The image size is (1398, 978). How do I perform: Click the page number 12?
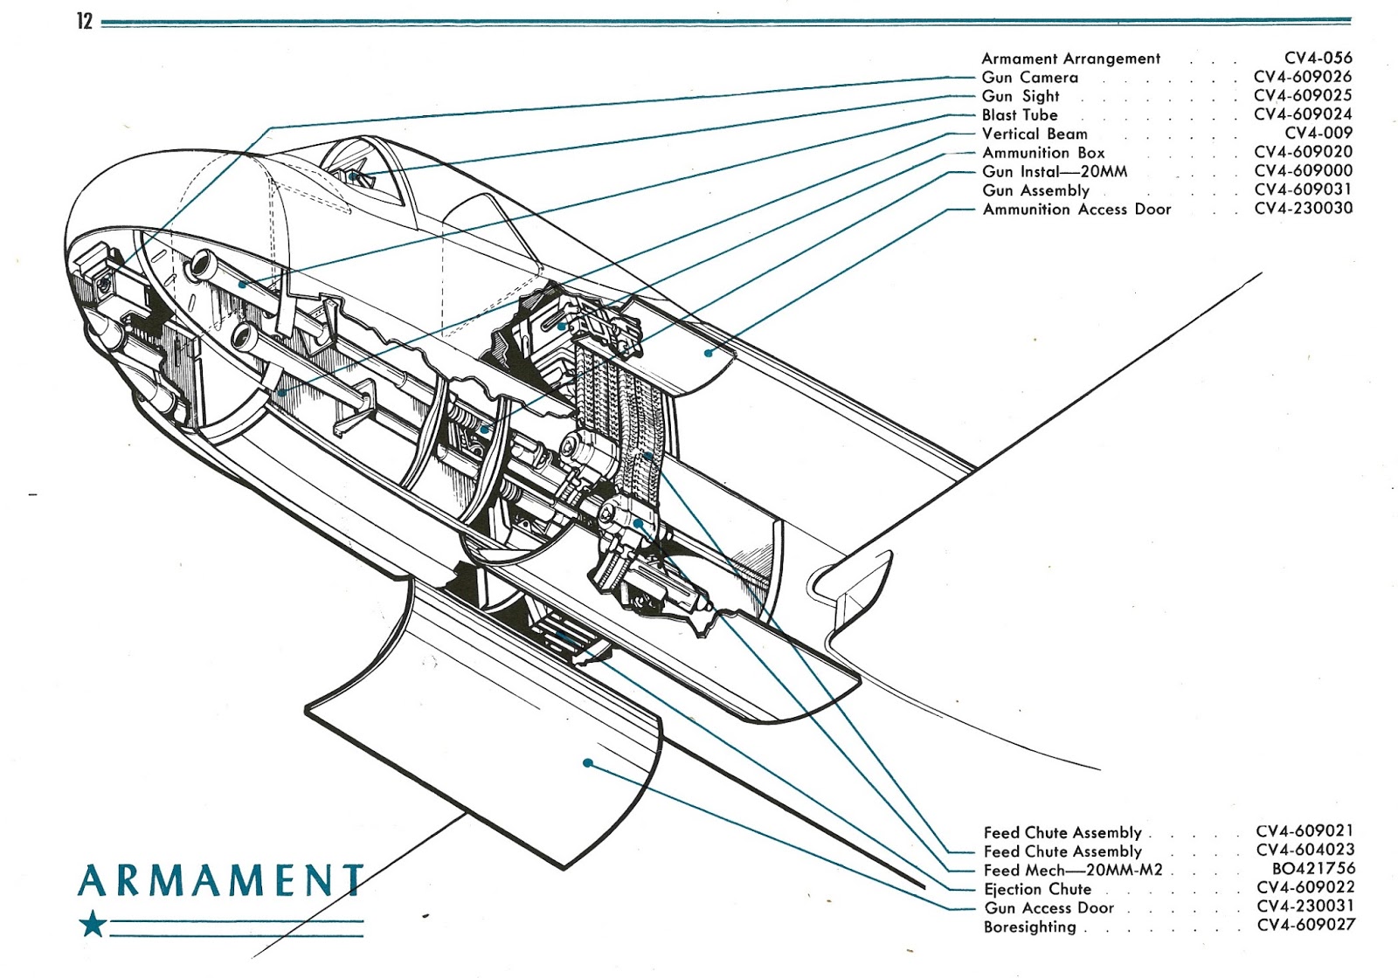(84, 21)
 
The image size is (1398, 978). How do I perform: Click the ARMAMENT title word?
(220, 880)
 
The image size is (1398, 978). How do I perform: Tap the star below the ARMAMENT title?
(93, 924)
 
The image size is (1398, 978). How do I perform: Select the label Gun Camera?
(1029, 78)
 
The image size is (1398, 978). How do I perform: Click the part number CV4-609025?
(1302, 95)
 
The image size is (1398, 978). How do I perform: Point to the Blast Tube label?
(1019, 115)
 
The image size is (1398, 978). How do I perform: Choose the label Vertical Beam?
(1035, 134)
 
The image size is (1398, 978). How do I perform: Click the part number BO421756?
(1312, 869)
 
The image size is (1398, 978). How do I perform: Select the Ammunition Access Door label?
(1076, 210)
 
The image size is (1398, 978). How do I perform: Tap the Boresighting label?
(1029, 927)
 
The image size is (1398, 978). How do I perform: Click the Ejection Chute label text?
(1037, 890)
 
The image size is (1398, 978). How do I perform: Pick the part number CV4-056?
(1318, 59)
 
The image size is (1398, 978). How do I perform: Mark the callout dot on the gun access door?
(588, 763)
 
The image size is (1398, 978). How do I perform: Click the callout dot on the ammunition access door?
(709, 353)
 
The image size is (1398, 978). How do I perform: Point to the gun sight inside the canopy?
(354, 176)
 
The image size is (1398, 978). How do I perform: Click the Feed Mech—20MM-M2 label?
(1072, 871)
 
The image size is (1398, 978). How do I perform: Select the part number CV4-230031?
(1305, 906)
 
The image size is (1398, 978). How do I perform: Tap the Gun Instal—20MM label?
(1054, 172)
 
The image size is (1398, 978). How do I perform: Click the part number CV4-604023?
(1305, 850)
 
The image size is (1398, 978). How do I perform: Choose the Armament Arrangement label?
(1070, 59)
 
